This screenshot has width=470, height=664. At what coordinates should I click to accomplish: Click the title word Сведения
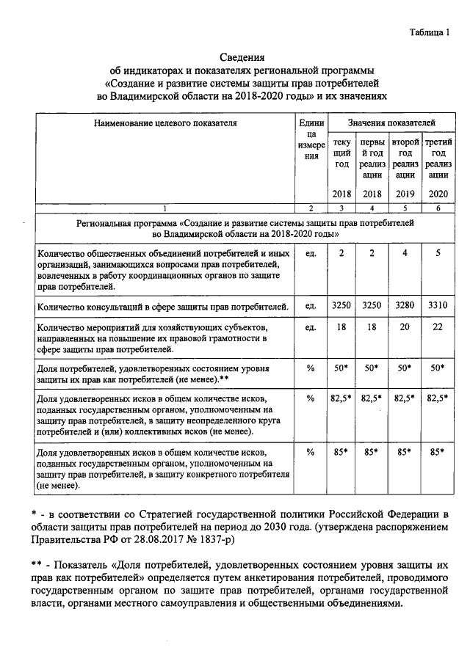click(242, 58)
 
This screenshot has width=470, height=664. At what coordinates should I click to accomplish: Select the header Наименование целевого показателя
click(164, 123)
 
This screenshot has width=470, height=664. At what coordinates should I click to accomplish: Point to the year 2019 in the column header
click(405, 193)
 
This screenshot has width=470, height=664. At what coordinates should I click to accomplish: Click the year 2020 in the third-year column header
click(438, 193)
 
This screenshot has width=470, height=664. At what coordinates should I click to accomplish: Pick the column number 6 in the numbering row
click(438, 208)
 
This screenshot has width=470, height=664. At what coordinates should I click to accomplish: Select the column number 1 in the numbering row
click(164, 208)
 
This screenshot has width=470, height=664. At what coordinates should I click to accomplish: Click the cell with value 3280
click(405, 304)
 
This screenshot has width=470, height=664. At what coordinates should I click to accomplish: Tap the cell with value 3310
click(438, 304)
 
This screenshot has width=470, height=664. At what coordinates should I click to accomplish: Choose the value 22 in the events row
click(438, 326)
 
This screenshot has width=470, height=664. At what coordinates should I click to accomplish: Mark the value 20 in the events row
click(405, 326)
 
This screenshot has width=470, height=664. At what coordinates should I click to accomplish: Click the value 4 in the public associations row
click(405, 253)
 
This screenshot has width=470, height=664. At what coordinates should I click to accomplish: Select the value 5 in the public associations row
click(438, 253)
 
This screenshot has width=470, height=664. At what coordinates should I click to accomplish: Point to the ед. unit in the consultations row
click(310, 304)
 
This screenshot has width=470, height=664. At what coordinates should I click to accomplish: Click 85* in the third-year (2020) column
click(438, 452)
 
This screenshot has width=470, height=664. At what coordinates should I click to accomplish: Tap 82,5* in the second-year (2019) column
click(405, 398)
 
